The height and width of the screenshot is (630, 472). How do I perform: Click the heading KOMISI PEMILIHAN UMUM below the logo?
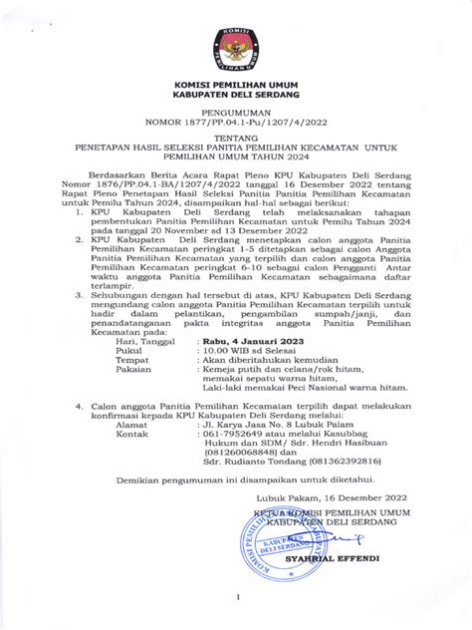click(x=236, y=87)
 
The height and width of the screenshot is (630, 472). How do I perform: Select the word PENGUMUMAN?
click(x=236, y=114)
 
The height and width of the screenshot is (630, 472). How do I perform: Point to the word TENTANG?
click(x=236, y=142)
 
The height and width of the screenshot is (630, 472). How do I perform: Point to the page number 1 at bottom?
click(x=237, y=598)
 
